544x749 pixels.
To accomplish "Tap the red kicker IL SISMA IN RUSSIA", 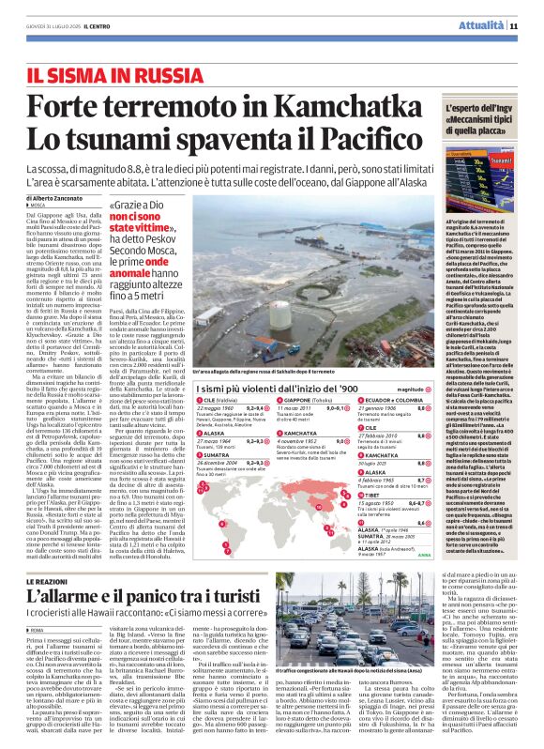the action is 107,73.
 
